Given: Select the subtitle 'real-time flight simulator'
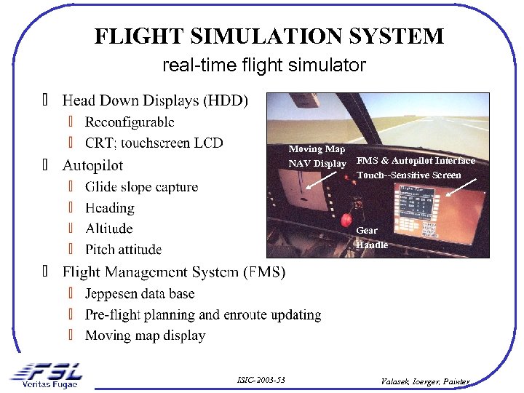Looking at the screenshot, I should [x=264, y=65].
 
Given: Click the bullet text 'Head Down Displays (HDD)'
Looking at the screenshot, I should [x=155, y=100].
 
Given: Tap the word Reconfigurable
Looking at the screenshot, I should [x=130, y=122].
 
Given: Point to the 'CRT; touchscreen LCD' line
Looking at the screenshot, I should [x=154, y=143].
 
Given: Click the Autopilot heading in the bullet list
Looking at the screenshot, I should [x=92, y=165].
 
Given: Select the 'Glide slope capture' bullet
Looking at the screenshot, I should [x=141, y=187].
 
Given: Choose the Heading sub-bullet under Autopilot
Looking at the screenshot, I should [x=110, y=208].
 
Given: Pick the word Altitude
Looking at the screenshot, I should [x=109, y=229].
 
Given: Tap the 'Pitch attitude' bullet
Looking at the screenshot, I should [x=123, y=250].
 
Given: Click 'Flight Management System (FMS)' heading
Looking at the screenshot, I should [x=174, y=272].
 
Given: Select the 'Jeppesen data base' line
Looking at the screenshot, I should [x=140, y=294].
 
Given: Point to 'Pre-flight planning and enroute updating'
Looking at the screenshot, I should [x=203, y=315].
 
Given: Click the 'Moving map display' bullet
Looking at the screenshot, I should [x=145, y=336].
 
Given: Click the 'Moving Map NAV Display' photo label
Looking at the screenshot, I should [x=317, y=156].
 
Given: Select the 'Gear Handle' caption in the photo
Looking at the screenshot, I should [x=372, y=238].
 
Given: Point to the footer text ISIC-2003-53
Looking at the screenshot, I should [x=261, y=380].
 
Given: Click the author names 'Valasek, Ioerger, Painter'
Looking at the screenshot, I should [x=426, y=381].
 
